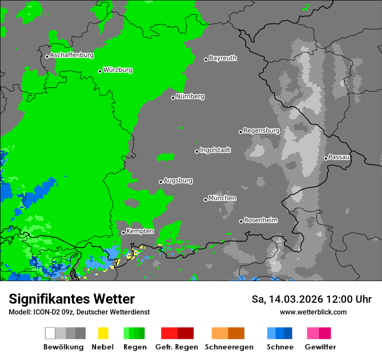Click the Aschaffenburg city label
pos(72,56)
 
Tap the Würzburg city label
pos(118,70)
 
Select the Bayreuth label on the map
pos(223,58)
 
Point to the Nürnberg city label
pos(190,97)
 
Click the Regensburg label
pos(261,131)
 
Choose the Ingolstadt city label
pos(215,151)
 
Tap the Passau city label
pos(339,157)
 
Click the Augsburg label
pos(178,181)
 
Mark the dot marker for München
pos(205,200)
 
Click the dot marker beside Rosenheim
pos(241,221)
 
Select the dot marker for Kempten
pos(123,232)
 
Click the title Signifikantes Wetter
pos(72,299)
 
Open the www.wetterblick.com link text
pos(313,312)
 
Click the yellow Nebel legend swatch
pos(103,333)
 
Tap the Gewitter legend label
pos(320,347)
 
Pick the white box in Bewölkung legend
pos(50,333)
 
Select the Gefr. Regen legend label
pos(177,347)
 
